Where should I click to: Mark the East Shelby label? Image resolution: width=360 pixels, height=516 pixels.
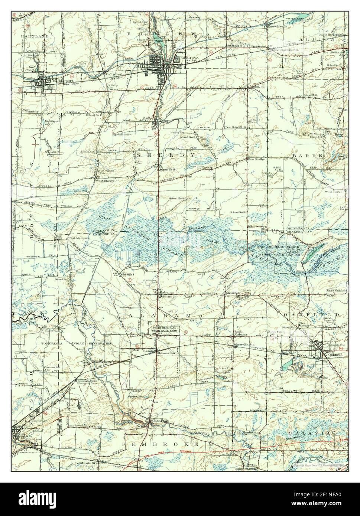click(x=256, y=159)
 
